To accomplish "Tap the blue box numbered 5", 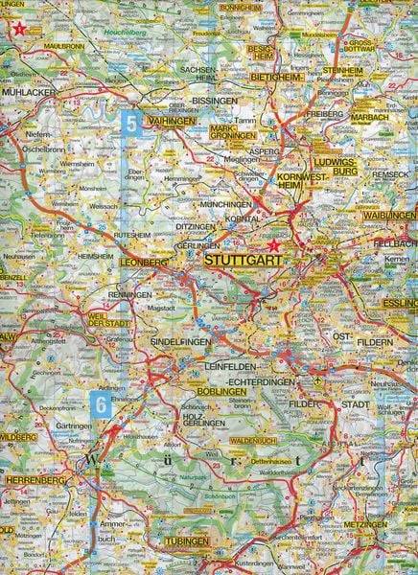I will pos(130,123).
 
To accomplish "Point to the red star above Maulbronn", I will pos(17,29).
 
